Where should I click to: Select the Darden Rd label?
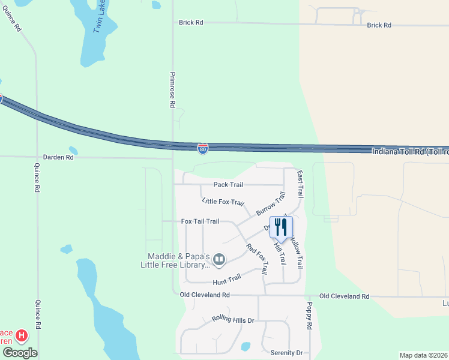click(62, 157)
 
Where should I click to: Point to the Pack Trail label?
click(228, 185)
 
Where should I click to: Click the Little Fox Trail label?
click(223, 202)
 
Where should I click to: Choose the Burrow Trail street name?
click(271, 204)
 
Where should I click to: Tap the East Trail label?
click(300, 183)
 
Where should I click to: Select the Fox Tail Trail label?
click(200, 221)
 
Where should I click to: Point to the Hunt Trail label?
click(227, 279)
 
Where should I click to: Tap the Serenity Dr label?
click(286, 353)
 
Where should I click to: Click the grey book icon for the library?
click(219, 260)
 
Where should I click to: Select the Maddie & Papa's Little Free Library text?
click(175, 260)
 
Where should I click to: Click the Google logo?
click(19, 353)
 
